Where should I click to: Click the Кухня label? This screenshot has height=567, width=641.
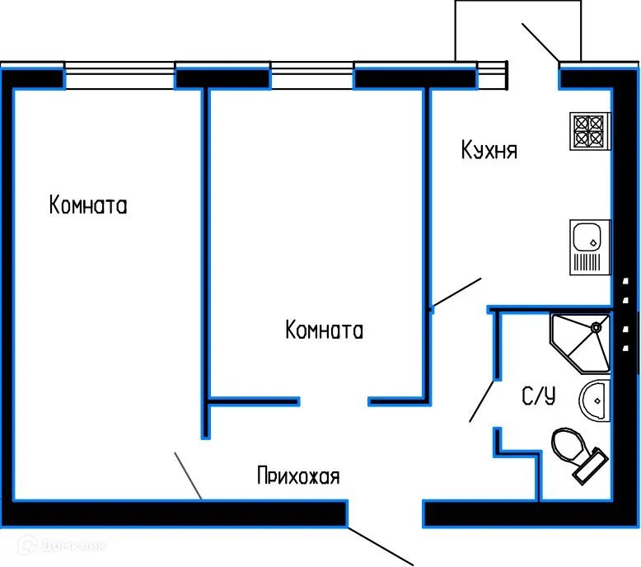[489, 151]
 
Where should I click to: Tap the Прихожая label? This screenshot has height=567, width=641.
[298, 476]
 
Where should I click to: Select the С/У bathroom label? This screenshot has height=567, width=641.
[539, 396]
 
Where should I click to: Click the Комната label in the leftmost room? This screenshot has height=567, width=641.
[88, 205]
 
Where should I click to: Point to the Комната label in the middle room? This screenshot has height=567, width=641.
[324, 330]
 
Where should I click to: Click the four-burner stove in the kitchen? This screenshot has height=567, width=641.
[588, 131]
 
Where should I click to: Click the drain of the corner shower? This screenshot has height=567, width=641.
[595, 328]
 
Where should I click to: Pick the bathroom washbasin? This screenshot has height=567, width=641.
[593, 401]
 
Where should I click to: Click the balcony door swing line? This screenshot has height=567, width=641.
[540, 41]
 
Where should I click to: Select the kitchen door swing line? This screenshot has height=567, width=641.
[456, 293]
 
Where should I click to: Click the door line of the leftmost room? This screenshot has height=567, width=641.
[188, 476]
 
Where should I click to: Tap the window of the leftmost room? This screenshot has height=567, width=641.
[119, 78]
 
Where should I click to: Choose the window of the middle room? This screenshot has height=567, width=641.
[312, 78]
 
